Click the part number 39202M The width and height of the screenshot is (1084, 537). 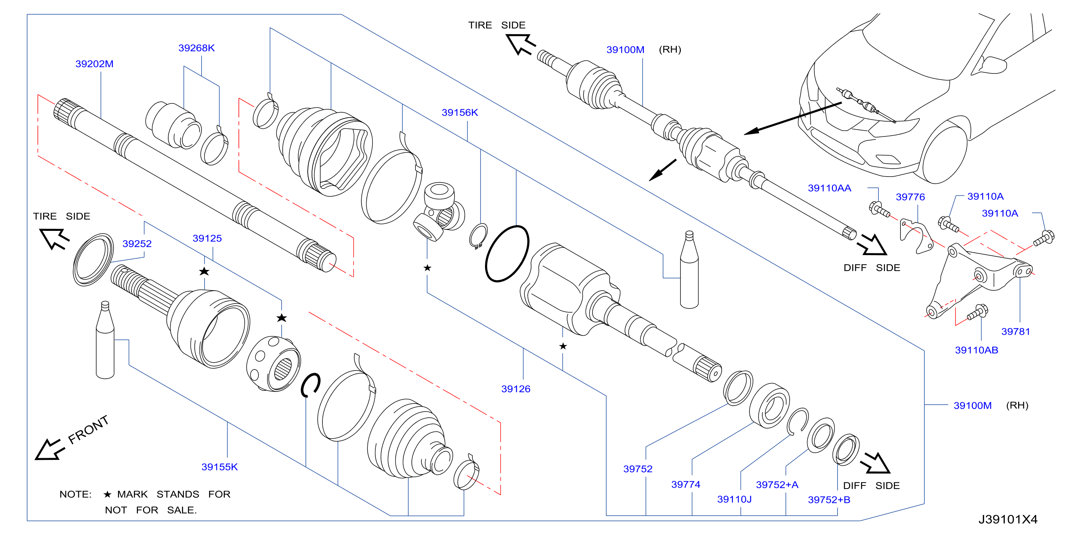point(94,64)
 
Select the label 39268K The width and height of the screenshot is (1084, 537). point(197,48)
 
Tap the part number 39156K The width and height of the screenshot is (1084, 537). point(460,113)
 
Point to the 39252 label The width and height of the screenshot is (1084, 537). point(137,244)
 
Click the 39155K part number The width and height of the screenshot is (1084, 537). point(219,467)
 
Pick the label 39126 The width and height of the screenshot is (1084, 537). point(515,389)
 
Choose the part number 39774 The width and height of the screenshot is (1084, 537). point(686,485)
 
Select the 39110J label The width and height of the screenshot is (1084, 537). point(734,499)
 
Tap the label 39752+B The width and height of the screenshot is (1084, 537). point(829,499)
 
